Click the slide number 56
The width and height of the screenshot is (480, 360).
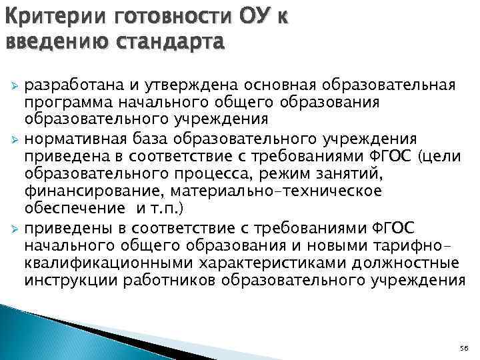coord(465,349)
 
